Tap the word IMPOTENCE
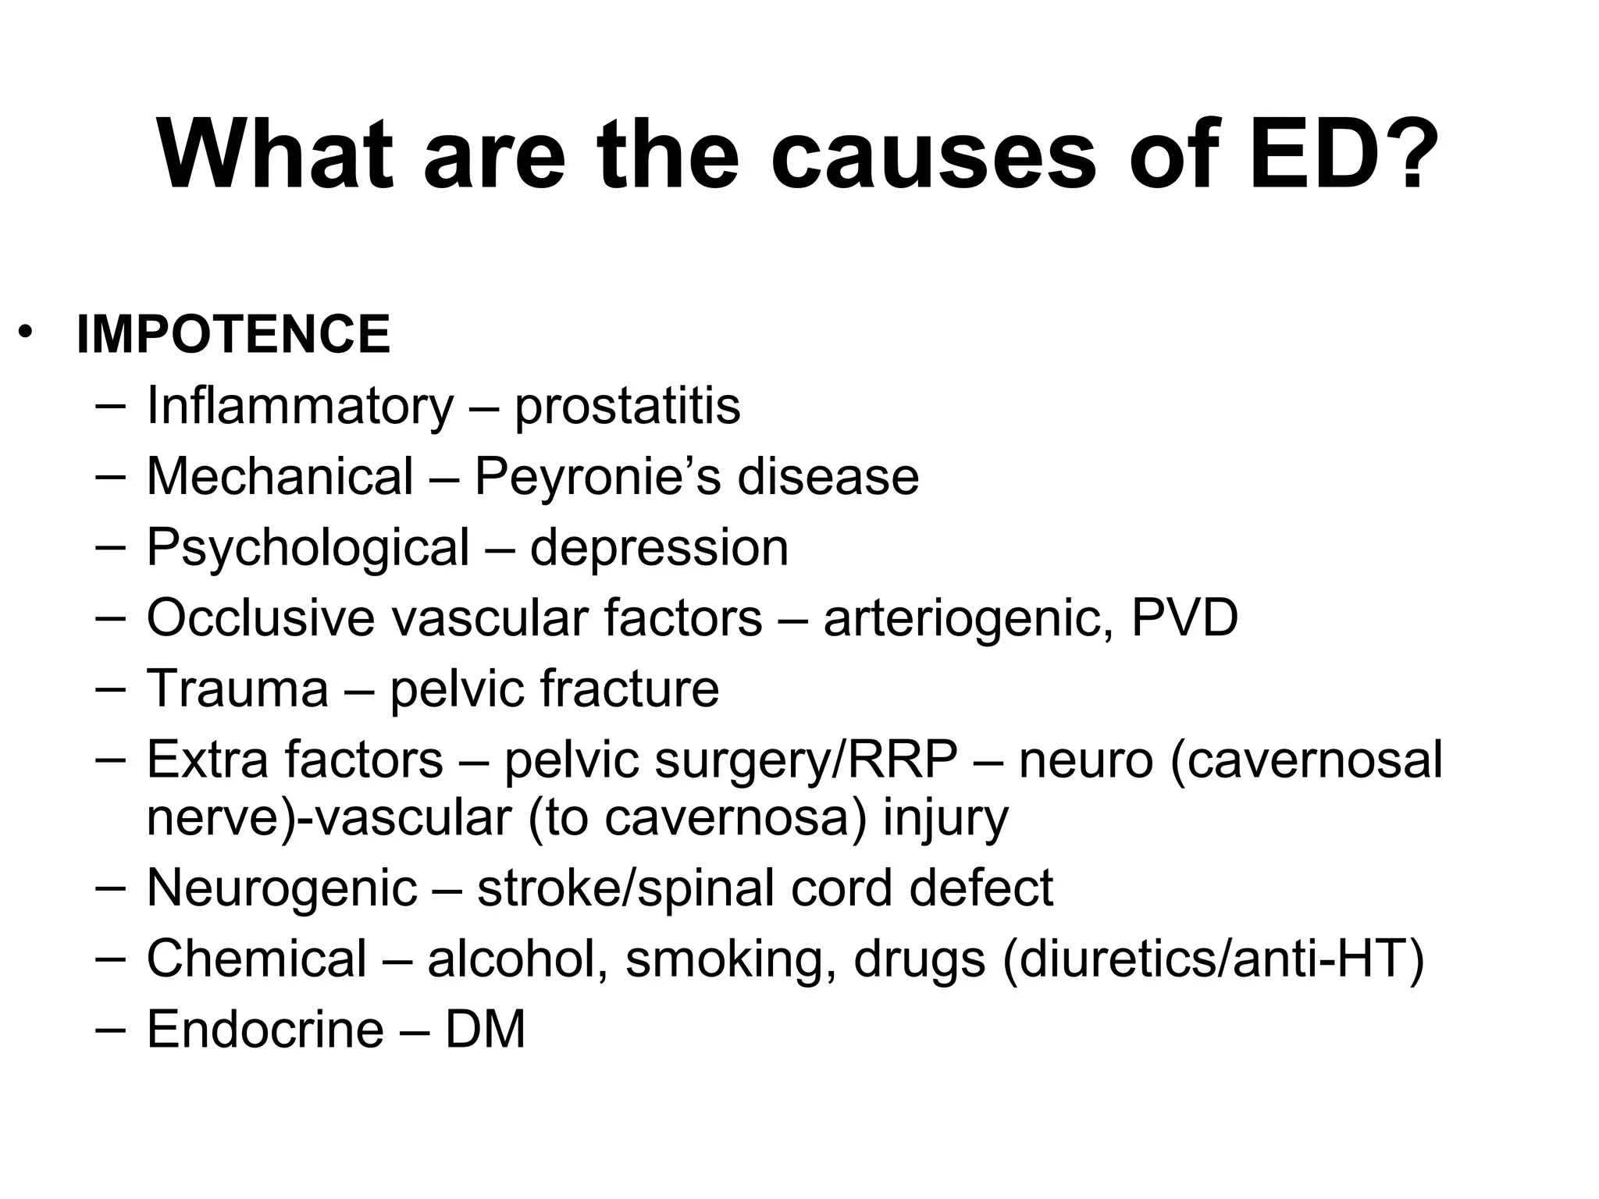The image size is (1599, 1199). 233,335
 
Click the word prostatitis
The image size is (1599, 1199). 627,406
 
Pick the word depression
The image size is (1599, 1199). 659,547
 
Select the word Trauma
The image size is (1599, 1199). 237,689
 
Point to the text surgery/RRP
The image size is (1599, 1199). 806,761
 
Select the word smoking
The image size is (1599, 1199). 725,959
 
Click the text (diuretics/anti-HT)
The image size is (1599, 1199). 1213,959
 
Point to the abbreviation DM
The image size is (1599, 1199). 485,1030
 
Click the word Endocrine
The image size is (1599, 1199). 265,1030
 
